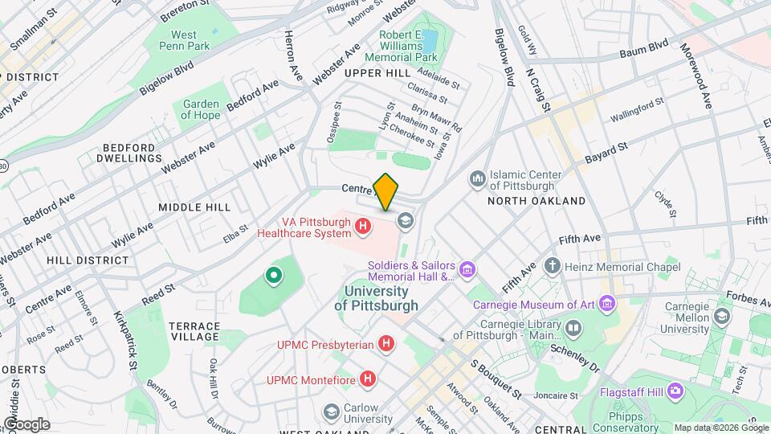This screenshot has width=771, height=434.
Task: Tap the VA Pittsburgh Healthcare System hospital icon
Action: [363, 227]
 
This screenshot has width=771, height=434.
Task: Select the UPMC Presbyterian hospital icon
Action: [387, 345]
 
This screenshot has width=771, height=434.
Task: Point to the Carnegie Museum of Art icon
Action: [608, 305]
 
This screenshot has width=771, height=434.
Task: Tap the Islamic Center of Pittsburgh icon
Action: [478, 177]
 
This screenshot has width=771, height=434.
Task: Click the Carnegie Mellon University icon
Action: [722, 316]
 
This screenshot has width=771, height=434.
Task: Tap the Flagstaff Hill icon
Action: [675, 391]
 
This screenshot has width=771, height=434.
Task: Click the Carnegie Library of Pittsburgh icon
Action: [573, 327]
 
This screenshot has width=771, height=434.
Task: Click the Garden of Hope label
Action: [201, 109]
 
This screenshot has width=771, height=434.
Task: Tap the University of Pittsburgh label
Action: [377, 298]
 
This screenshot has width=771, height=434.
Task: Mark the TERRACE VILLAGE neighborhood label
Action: [194, 330]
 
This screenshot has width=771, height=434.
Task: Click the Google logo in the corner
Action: [27, 424]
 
